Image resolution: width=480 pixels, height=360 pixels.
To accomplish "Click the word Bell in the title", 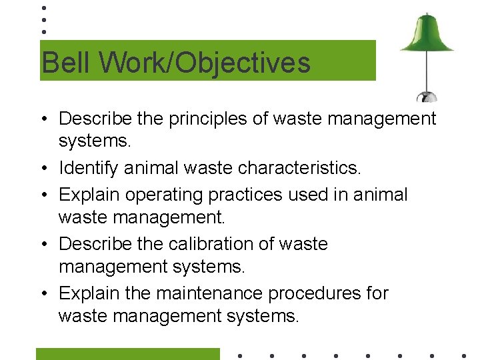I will (59, 63).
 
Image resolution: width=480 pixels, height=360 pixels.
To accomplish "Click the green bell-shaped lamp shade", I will (427, 35).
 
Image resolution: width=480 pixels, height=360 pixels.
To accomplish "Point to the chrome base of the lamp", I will (427, 96).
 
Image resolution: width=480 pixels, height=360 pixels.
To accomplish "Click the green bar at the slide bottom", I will (127, 354).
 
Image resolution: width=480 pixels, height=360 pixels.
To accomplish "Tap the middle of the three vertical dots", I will (43, 19).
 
